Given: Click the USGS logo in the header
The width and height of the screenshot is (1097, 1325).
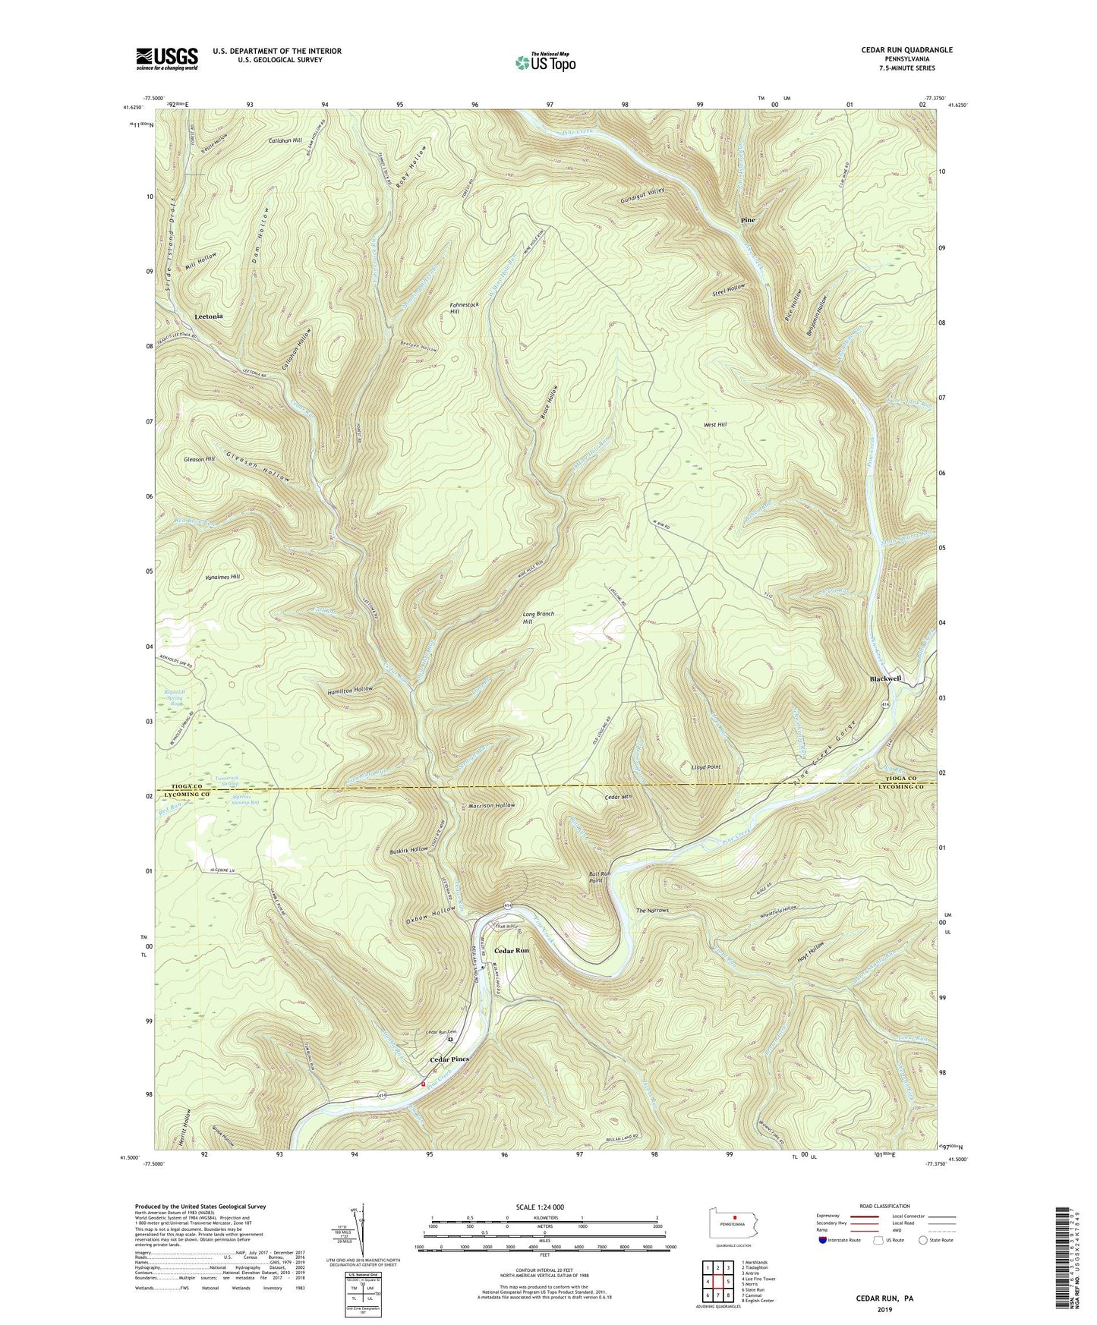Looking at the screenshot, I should pyautogui.click(x=166, y=58).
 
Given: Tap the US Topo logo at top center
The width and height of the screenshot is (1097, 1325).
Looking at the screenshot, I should pyautogui.click(x=545, y=62).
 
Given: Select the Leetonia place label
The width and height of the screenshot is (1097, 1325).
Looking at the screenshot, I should pyautogui.click(x=209, y=316).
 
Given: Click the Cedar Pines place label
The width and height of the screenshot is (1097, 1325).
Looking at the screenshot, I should pyautogui.click(x=449, y=1059).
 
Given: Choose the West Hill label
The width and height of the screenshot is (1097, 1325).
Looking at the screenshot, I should pyautogui.click(x=715, y=425).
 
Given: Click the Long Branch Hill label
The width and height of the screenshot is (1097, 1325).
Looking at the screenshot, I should pyautogui.click(x=538, y=618).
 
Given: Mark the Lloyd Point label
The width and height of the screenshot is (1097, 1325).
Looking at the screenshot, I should pyautogui.click(x=705, y=767).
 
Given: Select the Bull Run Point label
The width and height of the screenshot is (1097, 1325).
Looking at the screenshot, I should pyautogui.click(x=600, y=877).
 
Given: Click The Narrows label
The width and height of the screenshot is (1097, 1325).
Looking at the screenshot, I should pyautogui.click(x=651, y=910).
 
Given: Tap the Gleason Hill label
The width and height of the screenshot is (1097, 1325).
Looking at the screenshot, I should pyautogui.click(x=199, y=459).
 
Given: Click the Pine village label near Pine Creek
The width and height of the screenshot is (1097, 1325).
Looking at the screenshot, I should pyautogui.click(x=748, y=220).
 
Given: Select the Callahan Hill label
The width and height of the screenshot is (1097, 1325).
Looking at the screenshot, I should pyautogui.click(x=285, y=140).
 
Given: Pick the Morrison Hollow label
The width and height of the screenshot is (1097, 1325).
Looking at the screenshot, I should pyautogui.click(x=491, y=805).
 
